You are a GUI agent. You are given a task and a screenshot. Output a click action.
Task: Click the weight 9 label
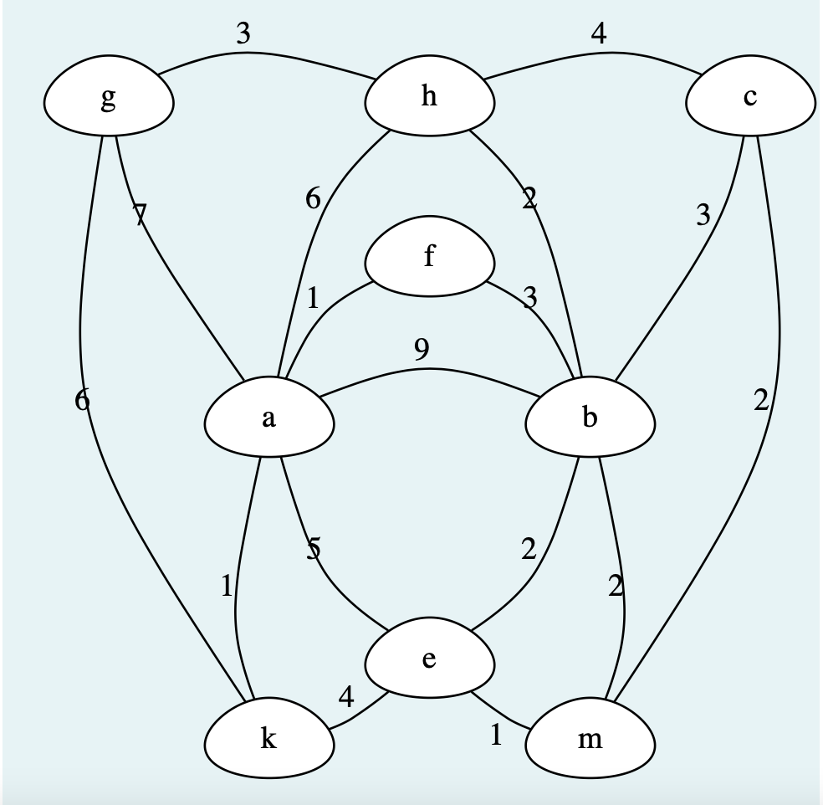coord(422,350)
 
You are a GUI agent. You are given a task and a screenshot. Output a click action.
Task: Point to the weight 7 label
coord(140,216)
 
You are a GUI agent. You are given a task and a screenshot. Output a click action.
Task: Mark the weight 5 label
coord(313,550)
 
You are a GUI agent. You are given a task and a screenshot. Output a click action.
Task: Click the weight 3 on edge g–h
coord(243,33)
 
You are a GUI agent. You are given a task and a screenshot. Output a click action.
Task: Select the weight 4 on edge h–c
coord(598,33)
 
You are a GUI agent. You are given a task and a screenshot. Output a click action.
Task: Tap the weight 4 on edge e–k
coord(346,696)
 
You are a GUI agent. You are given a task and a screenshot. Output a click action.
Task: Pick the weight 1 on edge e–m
coord(496,734)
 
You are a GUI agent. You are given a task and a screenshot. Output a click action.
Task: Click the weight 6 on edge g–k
coord(81,401)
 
